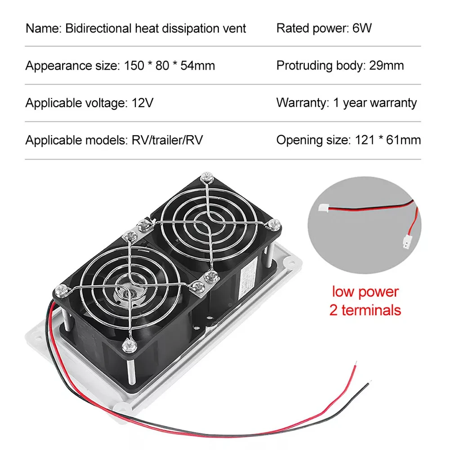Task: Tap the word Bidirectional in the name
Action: click(x=98, y=28)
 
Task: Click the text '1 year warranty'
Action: click(x=375, y=103)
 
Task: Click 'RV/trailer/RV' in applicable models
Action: click(x=167, y=140)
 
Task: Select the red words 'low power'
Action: click(x=365, y=292)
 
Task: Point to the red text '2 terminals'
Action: click(x=365, y=310)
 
